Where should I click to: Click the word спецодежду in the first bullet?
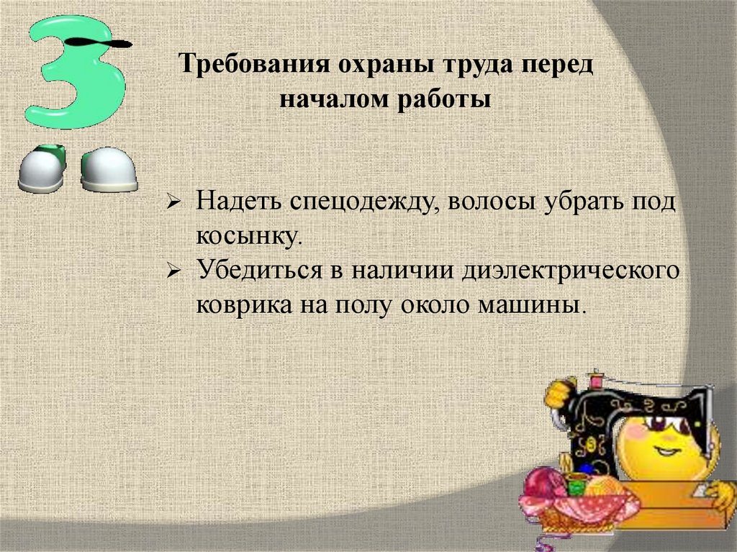(365, 202)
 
